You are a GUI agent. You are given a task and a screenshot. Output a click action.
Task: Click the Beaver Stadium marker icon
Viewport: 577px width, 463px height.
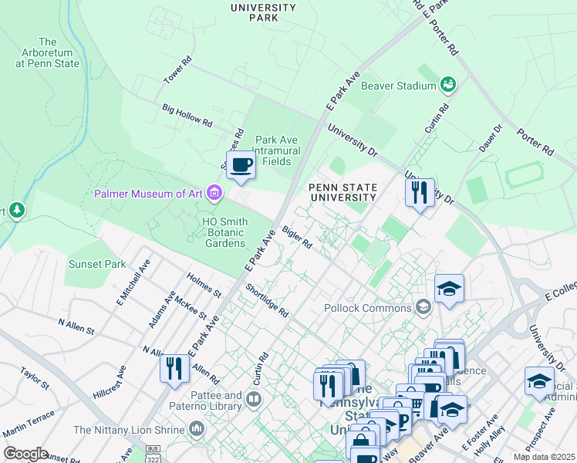click(x=447, y=83)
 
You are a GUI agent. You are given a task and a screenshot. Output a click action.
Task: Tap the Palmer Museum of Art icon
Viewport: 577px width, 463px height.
click(x=214, y=193)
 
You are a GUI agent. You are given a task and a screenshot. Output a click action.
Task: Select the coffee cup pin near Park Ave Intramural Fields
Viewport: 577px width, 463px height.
click(x=241, y=165)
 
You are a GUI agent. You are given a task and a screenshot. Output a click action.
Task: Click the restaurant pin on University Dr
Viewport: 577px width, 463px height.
click(x=419, y=192)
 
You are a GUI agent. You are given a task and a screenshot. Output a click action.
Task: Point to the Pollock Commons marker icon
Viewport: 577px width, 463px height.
click(x=422, y=308)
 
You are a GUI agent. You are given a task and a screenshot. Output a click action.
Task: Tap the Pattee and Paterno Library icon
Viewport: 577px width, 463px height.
click(x=254, y=399)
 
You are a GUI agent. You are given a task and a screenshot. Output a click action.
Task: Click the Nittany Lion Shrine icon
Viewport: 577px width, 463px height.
click(x=197, y=428)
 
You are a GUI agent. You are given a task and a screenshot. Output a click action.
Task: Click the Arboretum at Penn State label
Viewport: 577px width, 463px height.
click(x=47, y=52)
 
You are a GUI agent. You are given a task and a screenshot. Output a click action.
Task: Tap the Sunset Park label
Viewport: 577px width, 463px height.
click(x=96, y=264)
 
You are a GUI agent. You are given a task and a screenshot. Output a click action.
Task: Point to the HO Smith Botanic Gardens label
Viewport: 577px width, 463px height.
click(x=225, y=232)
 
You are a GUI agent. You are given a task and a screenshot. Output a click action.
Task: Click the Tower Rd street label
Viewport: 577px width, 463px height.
click(x=177, y=70)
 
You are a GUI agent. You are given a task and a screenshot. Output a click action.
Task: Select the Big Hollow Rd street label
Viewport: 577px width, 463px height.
click(x=187, y=116)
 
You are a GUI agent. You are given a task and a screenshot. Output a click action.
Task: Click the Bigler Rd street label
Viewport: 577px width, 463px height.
click(x=297, y=237)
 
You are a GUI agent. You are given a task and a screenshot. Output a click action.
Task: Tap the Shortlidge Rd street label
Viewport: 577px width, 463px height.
click(x=267, y=301)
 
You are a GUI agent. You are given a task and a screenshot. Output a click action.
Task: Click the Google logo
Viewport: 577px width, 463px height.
click(x=25, y=454)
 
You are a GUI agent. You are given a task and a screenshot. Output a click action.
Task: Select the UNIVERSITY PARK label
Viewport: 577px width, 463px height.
click(x=263, y=12)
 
